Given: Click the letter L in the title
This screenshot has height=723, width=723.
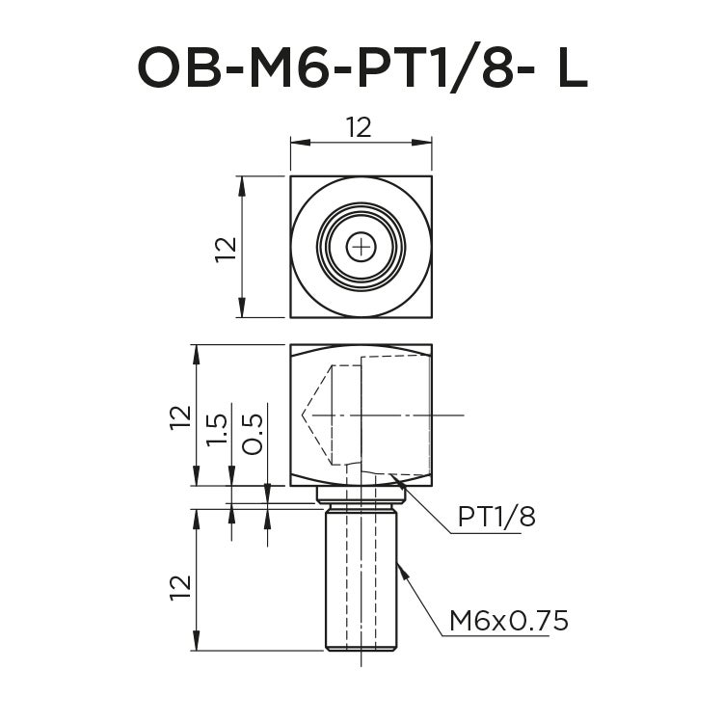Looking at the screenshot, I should tap(572, 67).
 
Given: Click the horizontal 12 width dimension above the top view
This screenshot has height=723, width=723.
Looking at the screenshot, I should tap(359, 126).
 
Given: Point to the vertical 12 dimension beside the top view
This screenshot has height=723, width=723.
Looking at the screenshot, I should tap(225, 248).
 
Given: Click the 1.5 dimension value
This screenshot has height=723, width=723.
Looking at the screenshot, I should tap(218, 429).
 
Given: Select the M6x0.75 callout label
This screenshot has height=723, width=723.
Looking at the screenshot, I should tap(508, 621).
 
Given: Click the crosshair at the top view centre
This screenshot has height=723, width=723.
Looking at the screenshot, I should tap(361, 248).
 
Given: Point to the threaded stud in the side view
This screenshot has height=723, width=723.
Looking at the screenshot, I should tap(361, 578).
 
